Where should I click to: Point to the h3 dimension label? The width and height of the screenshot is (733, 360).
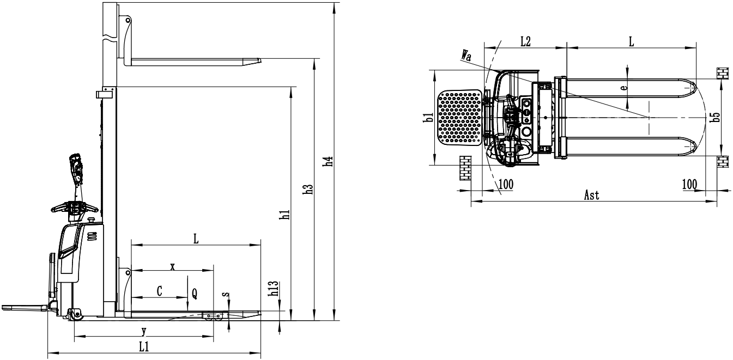(308, 190)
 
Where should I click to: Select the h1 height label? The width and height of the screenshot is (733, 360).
(286, 215)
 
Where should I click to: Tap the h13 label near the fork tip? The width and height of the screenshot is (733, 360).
(273, 289)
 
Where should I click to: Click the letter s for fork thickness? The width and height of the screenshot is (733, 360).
(226, 294)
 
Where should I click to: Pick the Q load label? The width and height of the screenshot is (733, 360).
(195, 294)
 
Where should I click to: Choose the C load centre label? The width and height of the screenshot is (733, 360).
(159, 291)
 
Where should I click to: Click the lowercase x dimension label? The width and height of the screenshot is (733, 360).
(173, 267)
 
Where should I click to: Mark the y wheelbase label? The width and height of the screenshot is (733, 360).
(144, 332)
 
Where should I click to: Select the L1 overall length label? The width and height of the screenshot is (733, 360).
(144, 347)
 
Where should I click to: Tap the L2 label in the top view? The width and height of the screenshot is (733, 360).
(525, 41)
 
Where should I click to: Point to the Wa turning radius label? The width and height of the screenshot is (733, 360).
(466, 56)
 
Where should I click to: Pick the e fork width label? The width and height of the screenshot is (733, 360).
(624, 87)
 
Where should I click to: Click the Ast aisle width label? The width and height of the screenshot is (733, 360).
(592, 195)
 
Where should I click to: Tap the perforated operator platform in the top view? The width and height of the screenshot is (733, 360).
(460, 118)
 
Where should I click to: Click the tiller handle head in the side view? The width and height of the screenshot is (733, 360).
(75, 169)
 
